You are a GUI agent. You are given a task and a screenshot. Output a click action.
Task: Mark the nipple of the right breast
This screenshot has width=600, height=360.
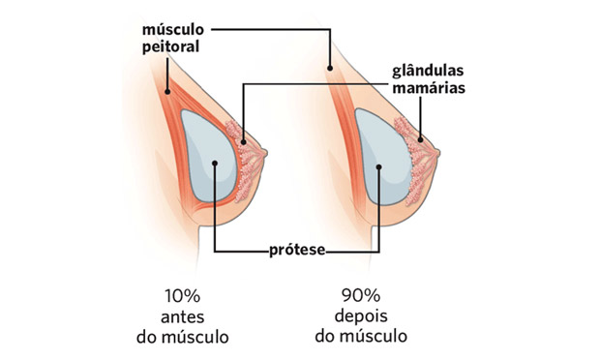click(436, 150)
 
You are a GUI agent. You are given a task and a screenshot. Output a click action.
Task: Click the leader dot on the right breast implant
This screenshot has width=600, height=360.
click(379, 165)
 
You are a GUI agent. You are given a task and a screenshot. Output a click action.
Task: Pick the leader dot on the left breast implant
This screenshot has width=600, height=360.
click(213, 177)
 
